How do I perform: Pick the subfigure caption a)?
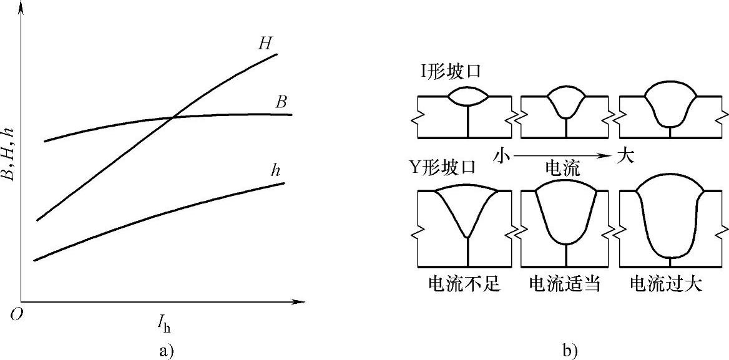[x=165, y=350]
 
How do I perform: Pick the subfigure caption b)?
[x=569, y=351]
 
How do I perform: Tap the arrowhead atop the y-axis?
[x=22, y=7]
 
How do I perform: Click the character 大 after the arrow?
[x=625, y=155]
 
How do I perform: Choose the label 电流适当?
[x=565, y=284]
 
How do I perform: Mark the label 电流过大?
[x=666, y=284]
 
